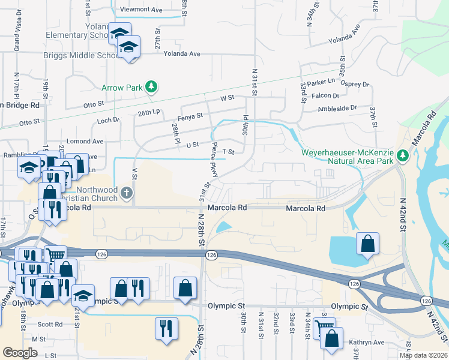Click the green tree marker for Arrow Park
click(152, 88)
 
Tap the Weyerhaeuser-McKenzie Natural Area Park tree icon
click(403, 156)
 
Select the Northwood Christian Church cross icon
click(126, 193)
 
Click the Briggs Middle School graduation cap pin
click(128, 47)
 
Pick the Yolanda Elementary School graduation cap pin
click(119, 32)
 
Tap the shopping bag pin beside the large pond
click(367, 244)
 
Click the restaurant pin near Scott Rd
click(165, 328)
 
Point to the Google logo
click(20, 353)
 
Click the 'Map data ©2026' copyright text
click(424, 355)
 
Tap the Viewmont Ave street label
click(141, 10)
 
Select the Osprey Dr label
click(355, 85)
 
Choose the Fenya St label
click(190, 116)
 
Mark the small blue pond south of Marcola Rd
click(223, 227)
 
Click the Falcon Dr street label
click(325, 95)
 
